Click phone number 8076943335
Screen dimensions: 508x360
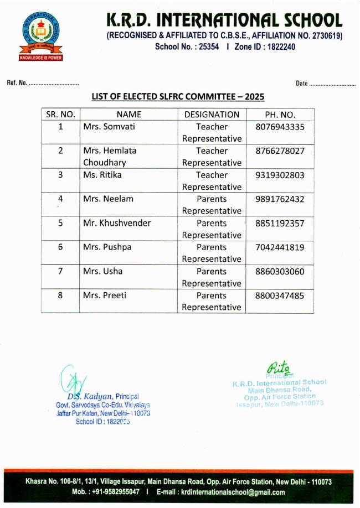pyautogui.click(x=280, y=127)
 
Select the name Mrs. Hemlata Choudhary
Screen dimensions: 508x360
pyautogui.click(x=110, y=157)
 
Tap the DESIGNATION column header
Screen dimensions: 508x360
pyautogui.click(x=212, y=115)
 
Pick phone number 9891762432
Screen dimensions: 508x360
pyautogui.click(x=280, y=199)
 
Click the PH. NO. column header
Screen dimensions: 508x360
pyautogui.click(x=280, y=115)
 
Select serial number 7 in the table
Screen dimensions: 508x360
pyautogui.click(x=60, y=271)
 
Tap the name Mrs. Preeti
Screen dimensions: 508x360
pyautogui.click(x=105, y=295)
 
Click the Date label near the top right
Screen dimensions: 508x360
pyautogui.click(x=302, y=84)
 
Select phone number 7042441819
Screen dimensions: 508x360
pyautogui.click(x=280, y=247)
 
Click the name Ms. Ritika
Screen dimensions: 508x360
pyautogui.click(x=102, y=175)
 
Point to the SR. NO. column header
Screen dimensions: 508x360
pyautogui.click(x=60, y=115)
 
